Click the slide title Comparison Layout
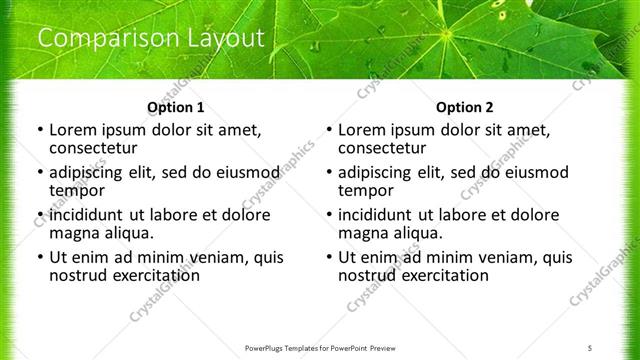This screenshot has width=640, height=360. (150, 39)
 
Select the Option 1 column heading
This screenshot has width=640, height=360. (175, 107)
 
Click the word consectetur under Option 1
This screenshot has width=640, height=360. (93, 149)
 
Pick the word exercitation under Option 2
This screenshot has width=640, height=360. (442, 275)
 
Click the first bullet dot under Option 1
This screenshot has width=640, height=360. (39, 131)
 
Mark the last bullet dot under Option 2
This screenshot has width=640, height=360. (328, 257)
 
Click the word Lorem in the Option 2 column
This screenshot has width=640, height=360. (361, 130)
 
